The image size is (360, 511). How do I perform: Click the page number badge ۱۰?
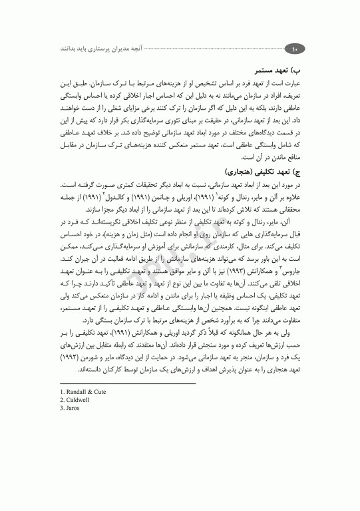point(293,48)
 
